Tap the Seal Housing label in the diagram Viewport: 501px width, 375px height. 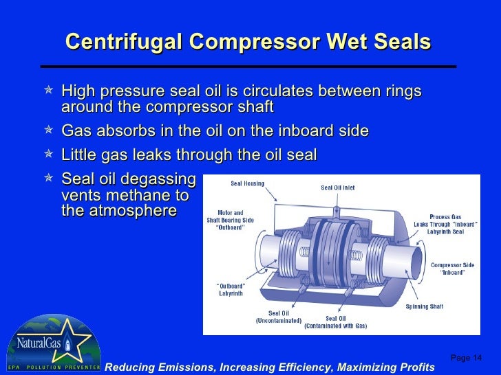click(x=246, y=183)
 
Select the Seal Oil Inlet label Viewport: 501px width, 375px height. click(x=339, y=187)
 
